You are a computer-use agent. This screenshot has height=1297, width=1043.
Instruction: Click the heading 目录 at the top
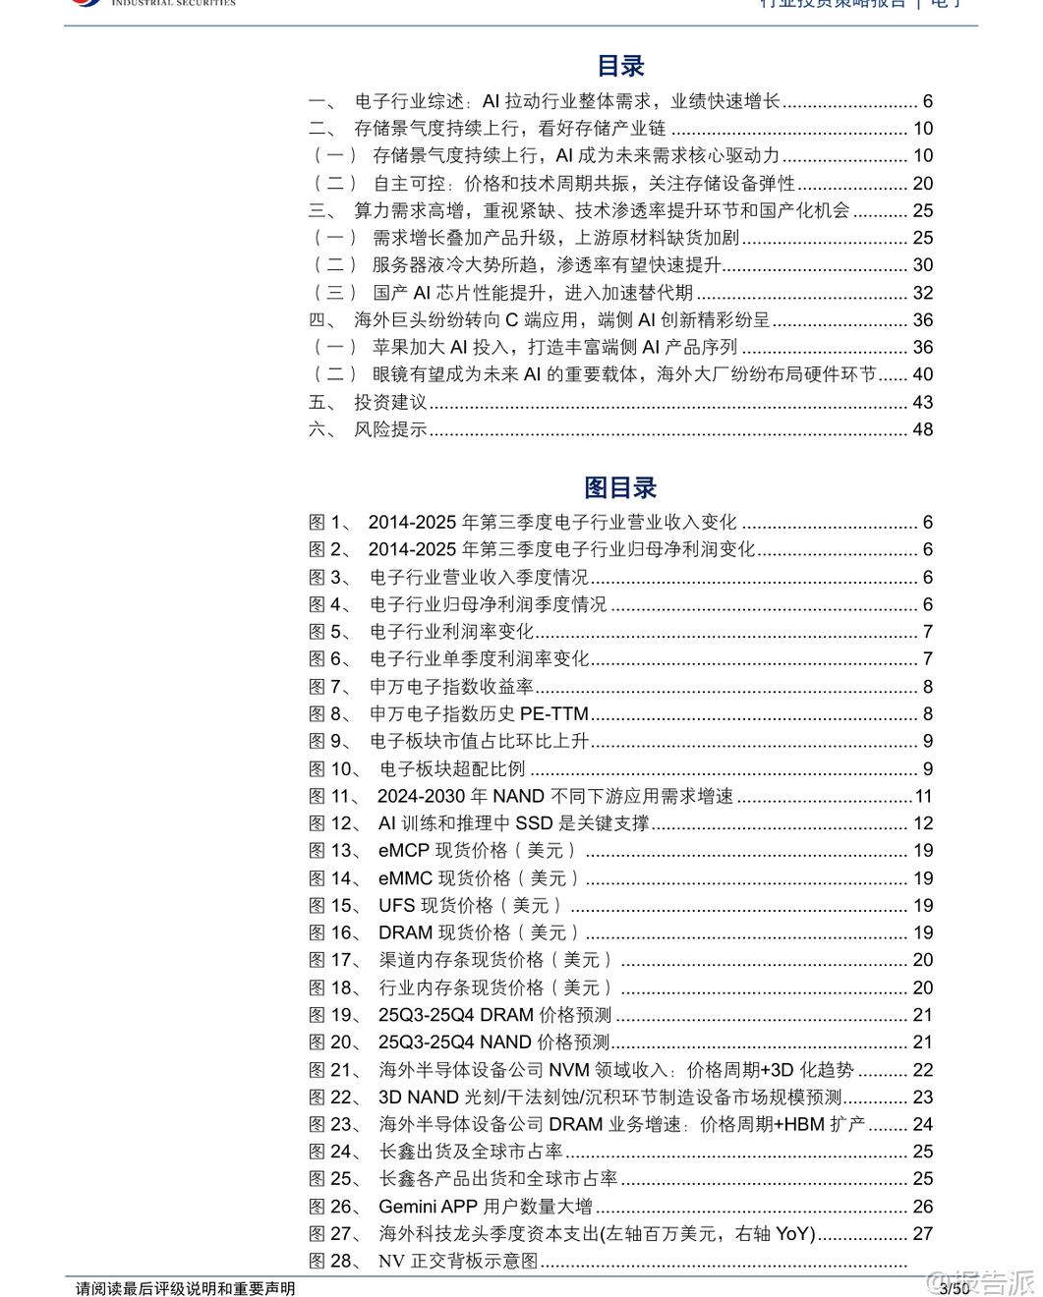(620, 66)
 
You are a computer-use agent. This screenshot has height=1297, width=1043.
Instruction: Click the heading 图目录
(620, 487)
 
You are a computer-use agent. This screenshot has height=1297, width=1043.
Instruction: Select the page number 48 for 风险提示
(922, 429)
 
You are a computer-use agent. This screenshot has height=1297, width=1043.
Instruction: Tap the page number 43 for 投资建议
(922, 402)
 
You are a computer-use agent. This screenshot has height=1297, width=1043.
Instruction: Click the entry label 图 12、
(334, 823)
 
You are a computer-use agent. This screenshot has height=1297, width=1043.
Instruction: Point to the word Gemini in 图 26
(407, 1207)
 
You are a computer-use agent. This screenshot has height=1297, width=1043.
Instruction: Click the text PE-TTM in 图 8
(553, 714)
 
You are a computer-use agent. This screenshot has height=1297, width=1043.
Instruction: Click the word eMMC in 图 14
(405, 878)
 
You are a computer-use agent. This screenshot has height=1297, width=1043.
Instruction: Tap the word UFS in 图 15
(397, 906)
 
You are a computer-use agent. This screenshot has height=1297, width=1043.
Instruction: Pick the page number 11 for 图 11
(923, 797)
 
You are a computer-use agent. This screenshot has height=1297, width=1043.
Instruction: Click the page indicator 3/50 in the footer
(955, 1288)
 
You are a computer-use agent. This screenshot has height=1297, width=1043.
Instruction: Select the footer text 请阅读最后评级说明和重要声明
(186, 1288)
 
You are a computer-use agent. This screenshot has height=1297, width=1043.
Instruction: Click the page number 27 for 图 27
(922, 1234)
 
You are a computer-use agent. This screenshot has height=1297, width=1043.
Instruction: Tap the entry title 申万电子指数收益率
(451, 687)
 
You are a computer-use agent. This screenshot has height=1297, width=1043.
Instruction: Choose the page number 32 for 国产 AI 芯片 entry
(922, 293)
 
